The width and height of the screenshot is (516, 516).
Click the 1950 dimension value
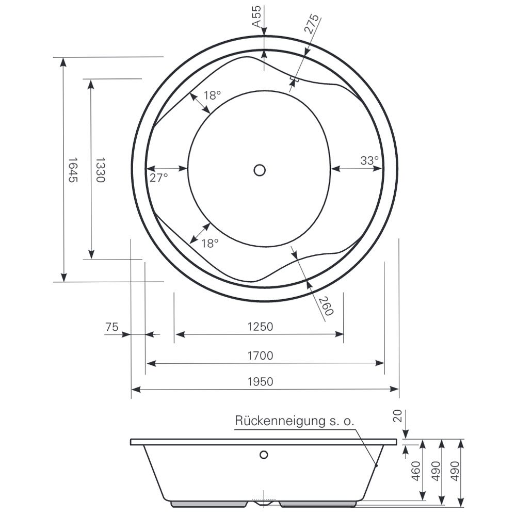260,382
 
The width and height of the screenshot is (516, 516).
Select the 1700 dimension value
260,356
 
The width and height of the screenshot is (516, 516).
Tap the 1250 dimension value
260,327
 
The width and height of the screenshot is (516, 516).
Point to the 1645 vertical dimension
73,170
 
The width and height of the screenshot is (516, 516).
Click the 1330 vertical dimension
100,170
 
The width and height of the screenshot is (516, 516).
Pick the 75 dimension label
111,327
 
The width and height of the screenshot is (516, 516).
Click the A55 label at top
256,16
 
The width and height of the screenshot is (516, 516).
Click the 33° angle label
369,160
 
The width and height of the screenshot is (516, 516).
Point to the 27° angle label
158,178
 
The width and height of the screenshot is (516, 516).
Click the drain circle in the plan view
260,170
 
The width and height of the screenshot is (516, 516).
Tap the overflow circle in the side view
264,455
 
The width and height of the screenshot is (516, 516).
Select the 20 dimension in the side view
398,415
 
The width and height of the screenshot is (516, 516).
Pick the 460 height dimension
416,471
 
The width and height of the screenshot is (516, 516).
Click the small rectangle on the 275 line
294,79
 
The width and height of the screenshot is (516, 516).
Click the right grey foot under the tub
318,504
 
